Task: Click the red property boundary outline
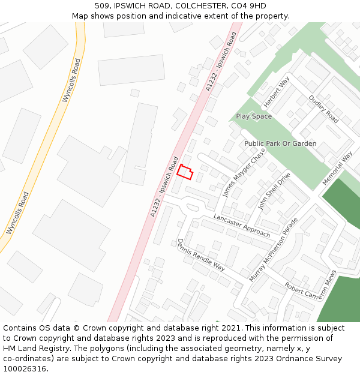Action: pos(185,172)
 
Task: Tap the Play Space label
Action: pos(253,116)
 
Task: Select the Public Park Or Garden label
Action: pos(280,144)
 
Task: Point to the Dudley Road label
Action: pos(323,109)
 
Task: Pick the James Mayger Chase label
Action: pos(244,173)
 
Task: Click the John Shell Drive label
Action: pos(274,191)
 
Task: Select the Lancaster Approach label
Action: pos(242,225)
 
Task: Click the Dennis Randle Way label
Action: pos(200,254)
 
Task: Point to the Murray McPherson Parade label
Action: pos(274,250)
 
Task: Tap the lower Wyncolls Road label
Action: pos(17,213)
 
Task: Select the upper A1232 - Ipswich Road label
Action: pos(221,62)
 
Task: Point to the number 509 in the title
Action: pos(101,6)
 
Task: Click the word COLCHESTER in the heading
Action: pos(190,6)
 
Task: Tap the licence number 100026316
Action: pos(25,368)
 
